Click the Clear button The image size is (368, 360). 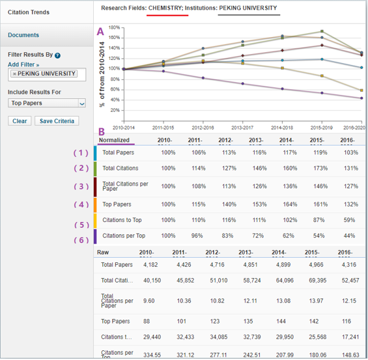(x=20, y=120)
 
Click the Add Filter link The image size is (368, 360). (x=23, y=65)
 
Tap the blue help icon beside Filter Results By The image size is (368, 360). (x=58, y=56)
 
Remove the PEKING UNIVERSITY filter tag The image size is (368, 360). (x=14, y=74)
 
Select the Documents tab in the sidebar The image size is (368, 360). (x=23, y=35)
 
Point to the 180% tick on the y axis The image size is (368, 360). (x=114, y=28)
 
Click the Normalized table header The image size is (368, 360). (x=114, y=140)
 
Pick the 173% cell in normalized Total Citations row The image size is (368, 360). (x=318, y=168)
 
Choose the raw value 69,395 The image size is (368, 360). (x=318, y=281)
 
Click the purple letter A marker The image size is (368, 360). (x=100, y=31)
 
